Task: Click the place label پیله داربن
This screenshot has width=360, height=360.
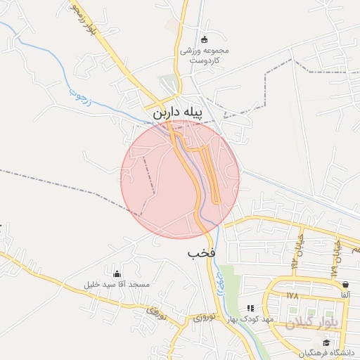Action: click(177, 112)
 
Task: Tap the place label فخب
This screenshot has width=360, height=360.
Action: click(201, 252)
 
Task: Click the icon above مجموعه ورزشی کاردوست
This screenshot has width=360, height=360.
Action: click(204, 39)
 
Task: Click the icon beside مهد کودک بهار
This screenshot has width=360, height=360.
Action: click(250, 308)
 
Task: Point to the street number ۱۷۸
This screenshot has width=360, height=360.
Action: click(292, 296)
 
